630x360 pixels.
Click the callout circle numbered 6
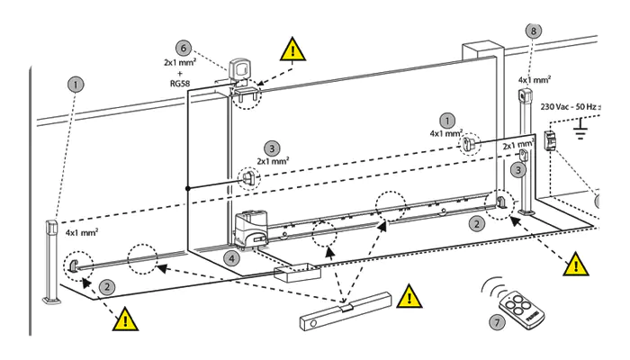click(184, 47)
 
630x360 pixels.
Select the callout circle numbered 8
click(535, 31)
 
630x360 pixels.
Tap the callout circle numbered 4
click(233, 257)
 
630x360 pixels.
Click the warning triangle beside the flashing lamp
click(291, 49)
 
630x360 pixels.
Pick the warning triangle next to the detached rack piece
click(409, 295)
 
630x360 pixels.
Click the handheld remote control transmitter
click(517, 304)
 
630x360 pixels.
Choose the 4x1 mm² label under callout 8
click(535, 79)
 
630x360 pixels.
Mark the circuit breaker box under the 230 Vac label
click(551, 140)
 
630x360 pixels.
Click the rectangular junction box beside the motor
click(292, 274)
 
